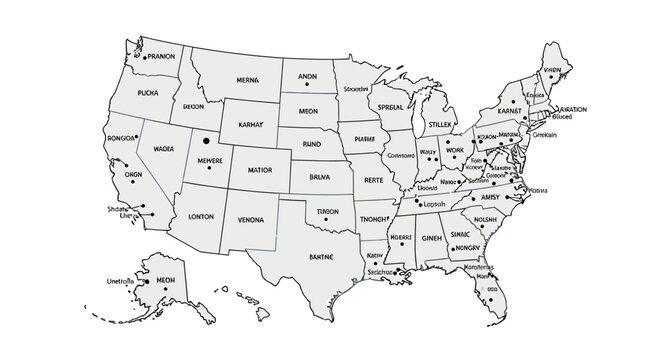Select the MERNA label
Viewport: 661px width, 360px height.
click(x=247, y=79)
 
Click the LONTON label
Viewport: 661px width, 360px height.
click(x=201, y=216)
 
